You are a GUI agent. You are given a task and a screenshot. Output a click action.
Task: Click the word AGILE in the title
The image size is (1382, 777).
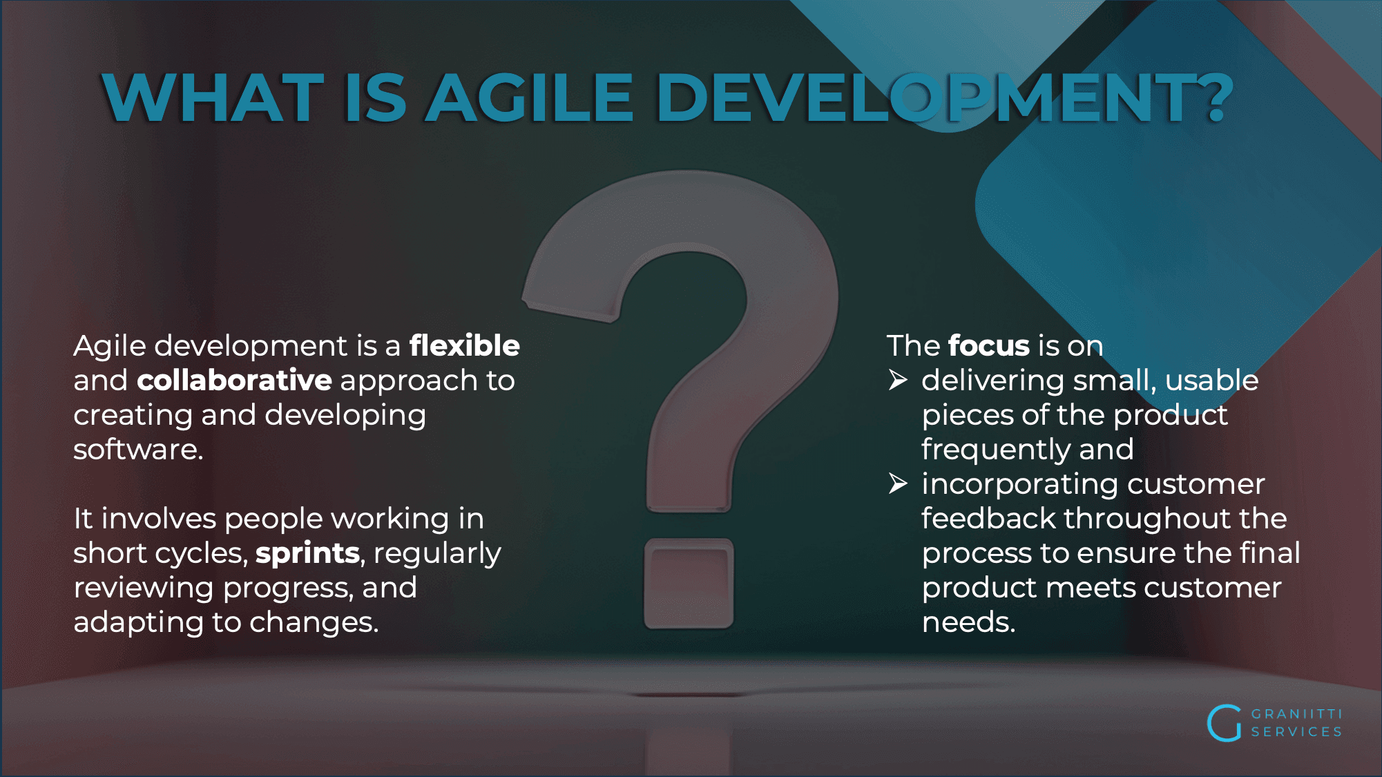530,98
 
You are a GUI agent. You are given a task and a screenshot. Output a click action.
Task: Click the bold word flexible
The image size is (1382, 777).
465,345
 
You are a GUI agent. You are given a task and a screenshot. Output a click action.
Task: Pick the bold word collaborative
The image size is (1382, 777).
235,381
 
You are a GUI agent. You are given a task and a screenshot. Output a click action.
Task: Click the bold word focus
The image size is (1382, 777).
989,345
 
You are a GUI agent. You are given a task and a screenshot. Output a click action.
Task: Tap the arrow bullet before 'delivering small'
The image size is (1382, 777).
898,380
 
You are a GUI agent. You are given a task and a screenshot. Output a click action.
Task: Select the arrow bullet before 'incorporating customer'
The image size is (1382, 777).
898,483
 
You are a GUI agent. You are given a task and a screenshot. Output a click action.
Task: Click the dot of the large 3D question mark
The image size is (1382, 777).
689,584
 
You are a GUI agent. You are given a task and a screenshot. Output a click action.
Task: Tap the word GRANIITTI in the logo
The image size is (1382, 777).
1296,713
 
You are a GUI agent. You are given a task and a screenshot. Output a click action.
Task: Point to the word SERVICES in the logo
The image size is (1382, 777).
1296,731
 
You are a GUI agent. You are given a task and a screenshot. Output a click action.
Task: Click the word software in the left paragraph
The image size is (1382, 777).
138,450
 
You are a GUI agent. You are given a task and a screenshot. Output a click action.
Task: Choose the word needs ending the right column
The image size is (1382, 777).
968,622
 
